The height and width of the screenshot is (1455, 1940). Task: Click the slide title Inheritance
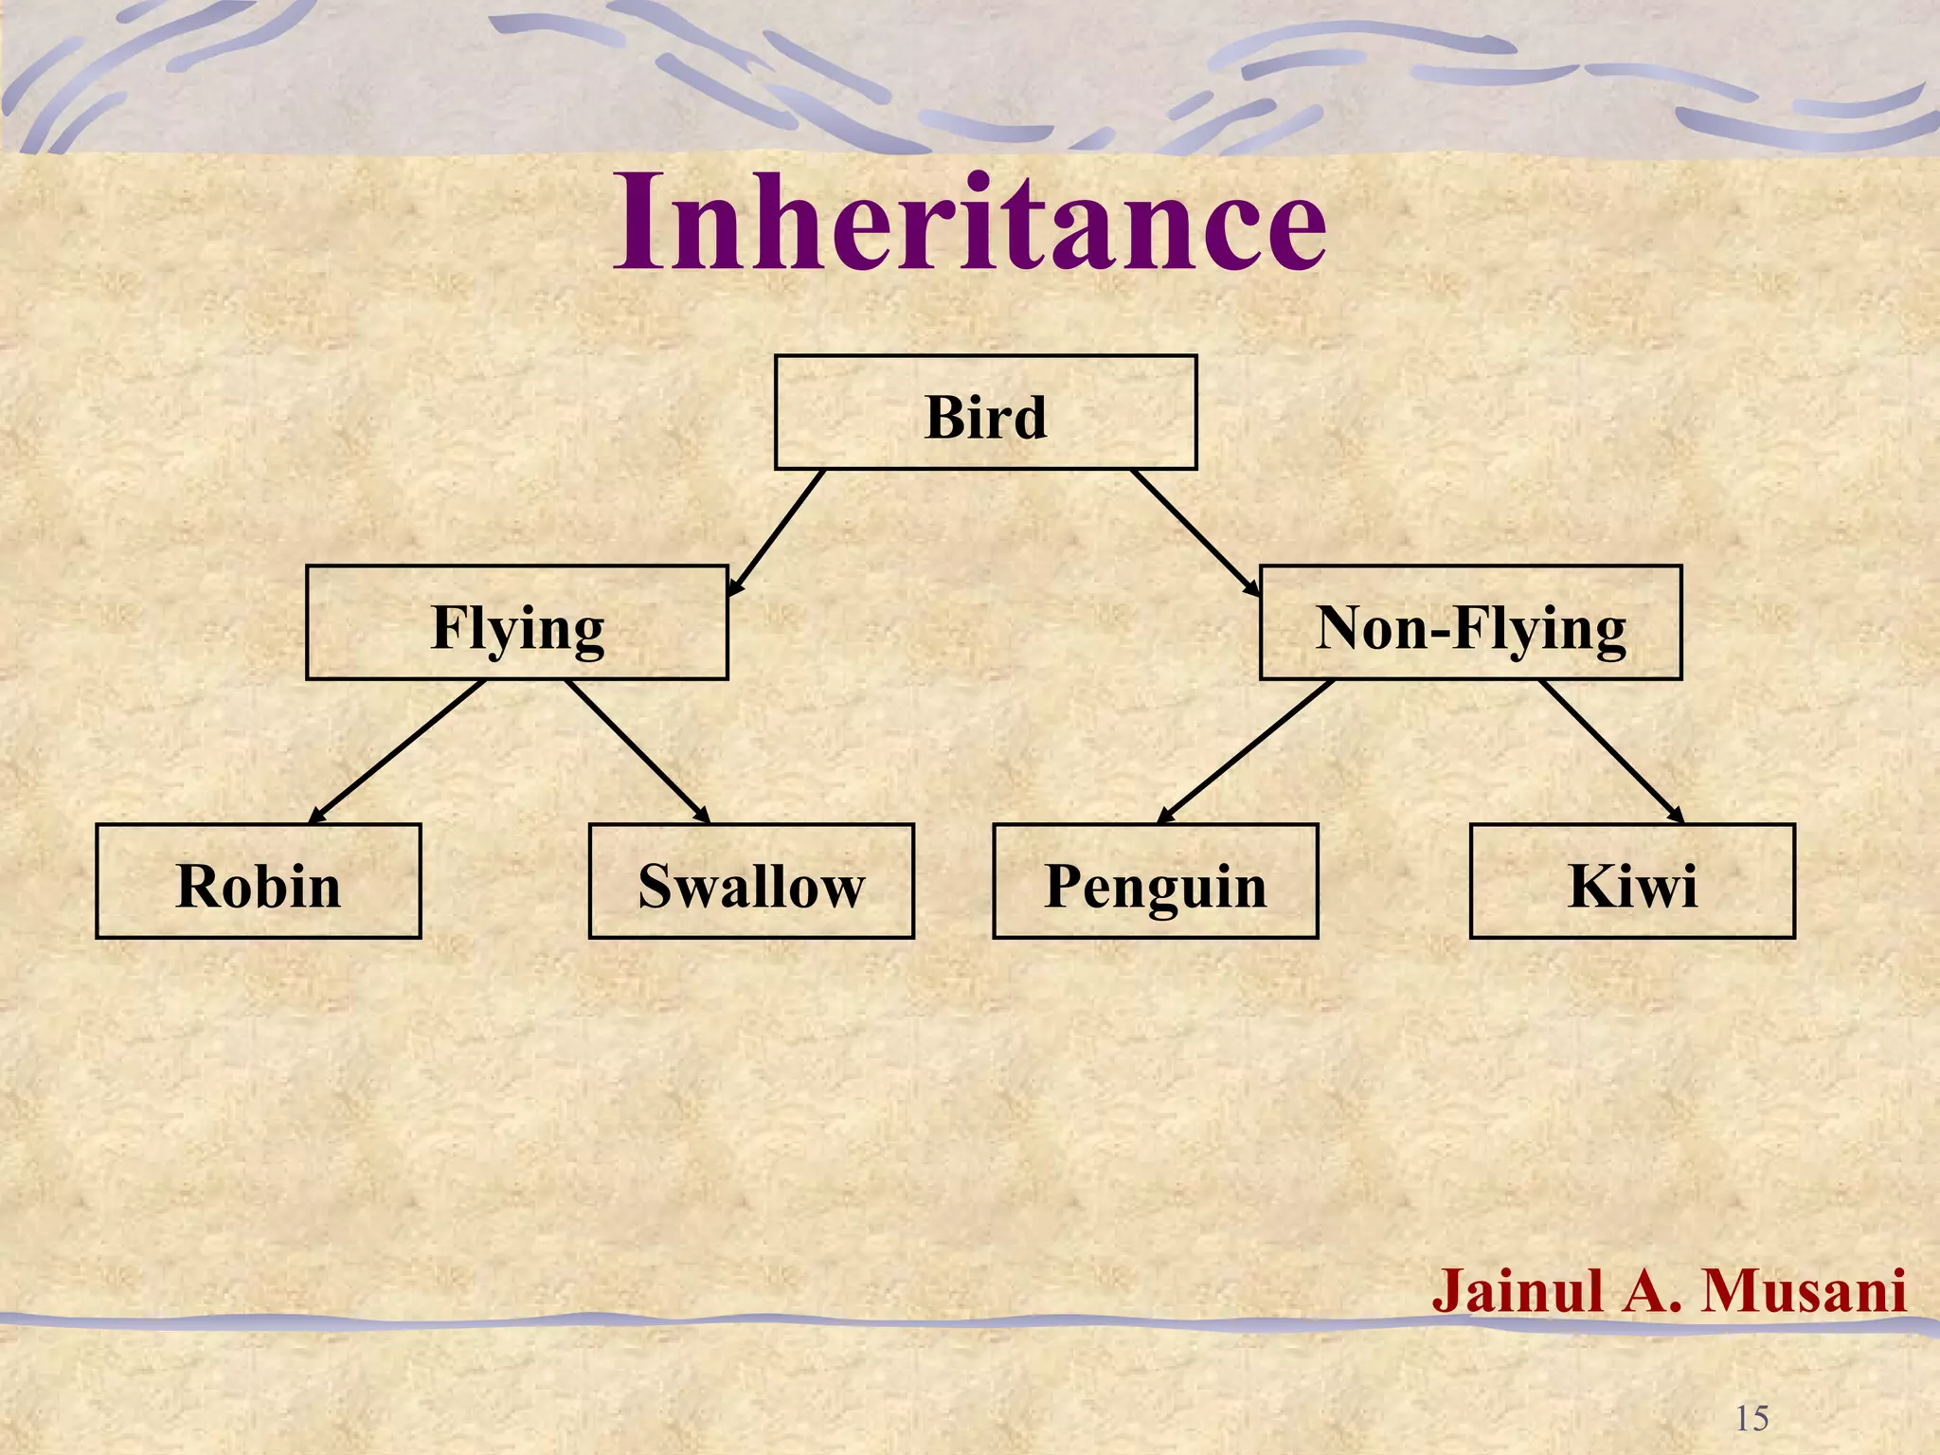click(970, 223)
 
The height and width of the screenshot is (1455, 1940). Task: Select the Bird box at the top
click(985, 413)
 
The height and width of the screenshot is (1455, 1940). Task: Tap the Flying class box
click(516, 623)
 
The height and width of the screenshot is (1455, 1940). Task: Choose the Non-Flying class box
click(1470, 623)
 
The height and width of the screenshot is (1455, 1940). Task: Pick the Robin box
click(258, 882)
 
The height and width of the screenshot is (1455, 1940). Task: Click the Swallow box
click(751, 882)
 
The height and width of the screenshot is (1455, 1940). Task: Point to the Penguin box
click(1155, 882)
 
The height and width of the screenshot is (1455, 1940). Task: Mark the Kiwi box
click(1632, 882)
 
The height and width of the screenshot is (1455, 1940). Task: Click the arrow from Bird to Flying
click(777, 532)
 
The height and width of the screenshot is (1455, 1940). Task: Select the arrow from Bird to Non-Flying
click(1195, 532)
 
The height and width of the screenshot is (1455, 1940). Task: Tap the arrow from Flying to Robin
click(398, 751)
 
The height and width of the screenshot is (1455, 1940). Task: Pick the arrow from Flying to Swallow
click(637, 751)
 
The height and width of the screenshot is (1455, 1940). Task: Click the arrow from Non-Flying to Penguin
click(1247, 751)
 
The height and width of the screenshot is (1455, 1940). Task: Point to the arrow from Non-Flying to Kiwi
click(1610, 751)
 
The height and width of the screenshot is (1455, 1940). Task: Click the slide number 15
click(1751, 1418)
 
